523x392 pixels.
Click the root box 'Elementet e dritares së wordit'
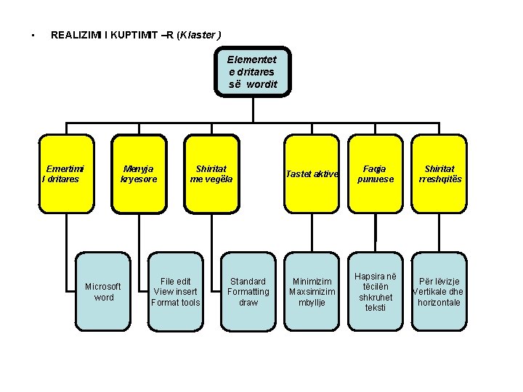click(x=252, y=72)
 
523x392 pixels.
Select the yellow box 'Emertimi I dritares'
click(x=66, y=174)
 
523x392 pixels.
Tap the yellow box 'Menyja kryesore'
click(x=139, y=174)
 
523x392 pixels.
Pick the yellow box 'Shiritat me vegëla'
click(x=211, y=174)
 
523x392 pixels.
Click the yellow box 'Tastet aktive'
click(x=312, y=174)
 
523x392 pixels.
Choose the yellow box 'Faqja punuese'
click(x=376, y=174)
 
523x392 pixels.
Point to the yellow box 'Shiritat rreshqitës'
click(x=439, y=174)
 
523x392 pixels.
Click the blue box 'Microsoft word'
click(x=103, y=291)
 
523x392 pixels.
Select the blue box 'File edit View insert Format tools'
click(x=175, y=291)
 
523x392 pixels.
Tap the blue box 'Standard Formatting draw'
click(x=248, y=291)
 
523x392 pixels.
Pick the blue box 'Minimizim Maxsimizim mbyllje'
click(x=312, y=291)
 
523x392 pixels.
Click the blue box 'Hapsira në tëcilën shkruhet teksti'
click(x=376, y=291)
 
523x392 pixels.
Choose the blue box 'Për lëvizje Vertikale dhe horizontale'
click(x=439, y=291)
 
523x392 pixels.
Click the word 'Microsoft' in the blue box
click(x=103, y=286)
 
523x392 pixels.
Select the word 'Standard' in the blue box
click(x=248, y=281)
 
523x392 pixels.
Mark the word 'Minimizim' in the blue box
click(x=312, y=281)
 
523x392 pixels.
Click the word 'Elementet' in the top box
click(x=252, y=60)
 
